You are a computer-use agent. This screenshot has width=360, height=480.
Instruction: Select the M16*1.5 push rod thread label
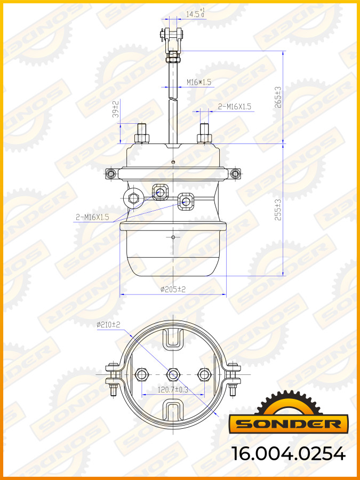pyautogui.click(x=198, y=82)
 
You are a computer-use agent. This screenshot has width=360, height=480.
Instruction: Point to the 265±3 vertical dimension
pyautogui.click(x=277, y=98)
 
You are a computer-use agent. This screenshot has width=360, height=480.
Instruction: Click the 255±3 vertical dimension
pyautogui.click(x=277, y=210)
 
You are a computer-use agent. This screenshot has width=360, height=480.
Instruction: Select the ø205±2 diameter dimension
pyautogui.click(x=173, y=289)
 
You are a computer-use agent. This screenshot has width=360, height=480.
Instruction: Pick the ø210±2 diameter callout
pyautogui.click(x=109, y=324)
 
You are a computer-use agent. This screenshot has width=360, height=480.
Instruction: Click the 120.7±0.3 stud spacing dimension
pyautogui.click(x=173, y=390)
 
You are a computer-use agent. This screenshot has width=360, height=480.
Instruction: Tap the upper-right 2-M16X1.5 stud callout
pyautogui.click(x=235, y=107)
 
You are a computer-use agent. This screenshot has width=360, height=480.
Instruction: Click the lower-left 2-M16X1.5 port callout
pyautogui.click(x=92, y=217)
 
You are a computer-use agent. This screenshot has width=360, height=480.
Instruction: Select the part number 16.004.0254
pyautogui.click(x=289, y=453)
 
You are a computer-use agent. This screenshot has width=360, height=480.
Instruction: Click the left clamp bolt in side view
pyautogui.click(x=111, y=174)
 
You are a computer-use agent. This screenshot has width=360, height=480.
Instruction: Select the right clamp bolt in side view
pyautogui.click(x=235, y=174)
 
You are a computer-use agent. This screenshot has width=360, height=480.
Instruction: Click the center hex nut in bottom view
pyautogui.click(x=173, y=374)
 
